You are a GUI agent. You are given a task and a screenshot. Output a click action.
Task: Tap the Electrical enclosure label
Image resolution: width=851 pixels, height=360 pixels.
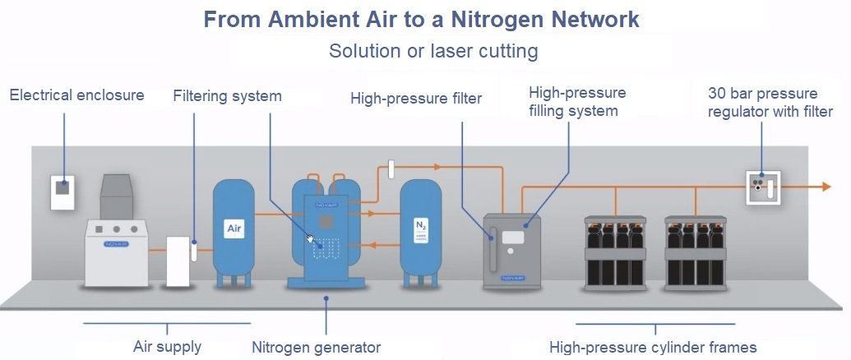coord(76,95)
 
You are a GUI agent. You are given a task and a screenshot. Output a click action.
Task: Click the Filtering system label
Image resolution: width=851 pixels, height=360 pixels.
coord(227,96)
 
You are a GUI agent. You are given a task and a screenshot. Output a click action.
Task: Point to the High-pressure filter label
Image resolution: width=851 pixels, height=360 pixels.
coord(415,99)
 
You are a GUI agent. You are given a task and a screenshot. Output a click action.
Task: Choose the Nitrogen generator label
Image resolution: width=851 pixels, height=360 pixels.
coord(316,347)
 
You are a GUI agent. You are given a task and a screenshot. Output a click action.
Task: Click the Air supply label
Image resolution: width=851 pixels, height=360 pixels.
coord(167,347)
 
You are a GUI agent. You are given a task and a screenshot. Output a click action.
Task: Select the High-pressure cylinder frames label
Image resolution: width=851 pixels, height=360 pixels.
coord(653,347)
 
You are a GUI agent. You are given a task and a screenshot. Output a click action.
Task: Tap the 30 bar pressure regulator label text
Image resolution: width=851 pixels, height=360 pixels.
coord(770,101)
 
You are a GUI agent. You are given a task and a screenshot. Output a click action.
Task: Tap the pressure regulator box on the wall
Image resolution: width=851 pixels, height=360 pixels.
coord(761,187)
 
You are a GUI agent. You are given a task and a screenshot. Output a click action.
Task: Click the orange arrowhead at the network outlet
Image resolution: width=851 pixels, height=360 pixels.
coord(826,187)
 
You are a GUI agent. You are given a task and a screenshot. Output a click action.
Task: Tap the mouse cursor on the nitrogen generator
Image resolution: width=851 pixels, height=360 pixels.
coord(310,239)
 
